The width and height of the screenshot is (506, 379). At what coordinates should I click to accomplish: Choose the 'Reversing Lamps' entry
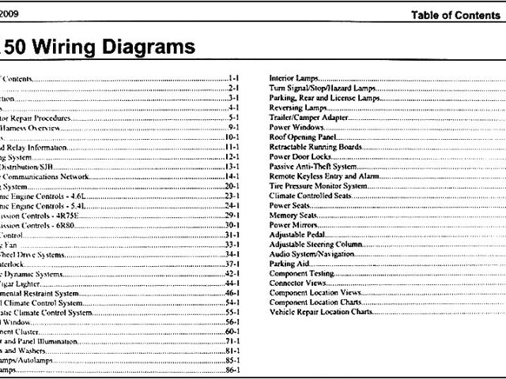click(x=299, y=108)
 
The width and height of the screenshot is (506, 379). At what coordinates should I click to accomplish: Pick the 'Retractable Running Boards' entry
click(x=315, y=147)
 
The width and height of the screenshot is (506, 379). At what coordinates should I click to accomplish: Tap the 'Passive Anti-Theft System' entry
click(x=312, y=167)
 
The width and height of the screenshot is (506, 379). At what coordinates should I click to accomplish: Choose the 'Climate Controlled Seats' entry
click(x=311, y=195)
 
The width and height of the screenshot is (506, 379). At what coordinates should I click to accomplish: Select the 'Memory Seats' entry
click(x=294, y=215)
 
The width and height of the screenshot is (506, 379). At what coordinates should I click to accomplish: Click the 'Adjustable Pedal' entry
click(x=298, y=235)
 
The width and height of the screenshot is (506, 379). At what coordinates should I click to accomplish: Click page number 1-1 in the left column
click(x=233, y=80)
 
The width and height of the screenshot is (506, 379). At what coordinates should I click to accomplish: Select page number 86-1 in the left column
click(x=232, y=370)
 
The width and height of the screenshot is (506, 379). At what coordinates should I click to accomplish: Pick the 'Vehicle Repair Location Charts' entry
click(x=320, y=312)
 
